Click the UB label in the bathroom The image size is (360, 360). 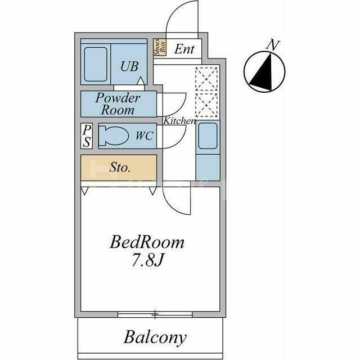coord(129,66)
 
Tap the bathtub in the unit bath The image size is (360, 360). coord(96,64)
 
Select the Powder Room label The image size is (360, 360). coord(118,103)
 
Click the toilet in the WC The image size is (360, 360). coord(113,136)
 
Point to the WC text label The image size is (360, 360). coord(145,136)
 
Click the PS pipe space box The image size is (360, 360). coord(87,136)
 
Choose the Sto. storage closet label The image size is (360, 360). coord(120,168)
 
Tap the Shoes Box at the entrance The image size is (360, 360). coord(160,47)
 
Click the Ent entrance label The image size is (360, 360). coord(184,49)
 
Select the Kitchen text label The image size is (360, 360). coord(179,121)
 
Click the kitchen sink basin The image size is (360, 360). coord(208,136)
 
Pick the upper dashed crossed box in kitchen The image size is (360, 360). coord(206,79)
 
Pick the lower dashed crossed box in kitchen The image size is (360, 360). coord(206,105)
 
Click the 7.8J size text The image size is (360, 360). coord(147,260)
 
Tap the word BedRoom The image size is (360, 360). coord(147,242)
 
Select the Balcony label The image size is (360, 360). coord(155,337)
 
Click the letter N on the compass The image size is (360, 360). coord(273,45)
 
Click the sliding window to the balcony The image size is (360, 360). coord(155,314)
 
